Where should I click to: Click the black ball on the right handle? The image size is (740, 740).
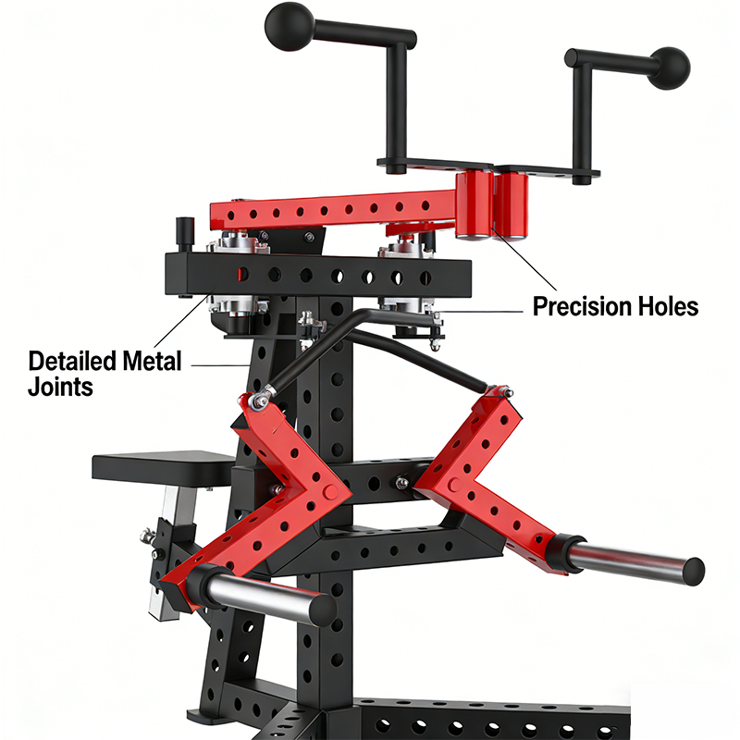(x=668, y=68)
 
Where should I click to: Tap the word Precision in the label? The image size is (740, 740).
(x=583, y=307)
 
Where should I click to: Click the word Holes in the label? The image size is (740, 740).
(x=668, y=307)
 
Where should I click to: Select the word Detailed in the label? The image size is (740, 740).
(x=72, y=361)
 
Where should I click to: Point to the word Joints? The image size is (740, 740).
(x=60, y=387)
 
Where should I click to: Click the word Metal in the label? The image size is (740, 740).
(x=152, y=361)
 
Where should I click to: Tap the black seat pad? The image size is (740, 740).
(x=164, y=467)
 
